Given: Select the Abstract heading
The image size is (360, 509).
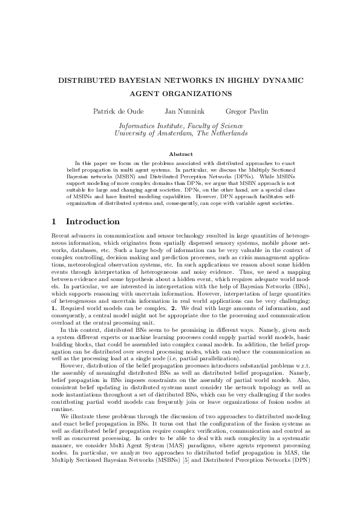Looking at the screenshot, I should click(x=180, y=155).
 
